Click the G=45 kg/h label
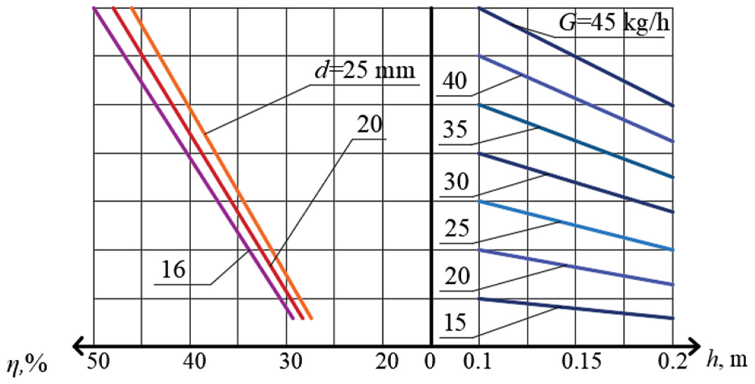pos(614,23)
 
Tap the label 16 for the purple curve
pos(174,270)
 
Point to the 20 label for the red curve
pos(369,125)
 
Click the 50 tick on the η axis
pos(98,362)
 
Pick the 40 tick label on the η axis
pos(194,362)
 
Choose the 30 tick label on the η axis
pos(291,362)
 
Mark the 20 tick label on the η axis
pos(387,362)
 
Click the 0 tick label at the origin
pos(430,362)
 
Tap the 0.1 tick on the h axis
pos(477,362)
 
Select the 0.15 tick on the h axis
pos(582,362)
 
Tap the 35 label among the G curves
pos(455,130)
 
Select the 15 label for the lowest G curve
pos(455,323)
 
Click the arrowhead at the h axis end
pos(695,346)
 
